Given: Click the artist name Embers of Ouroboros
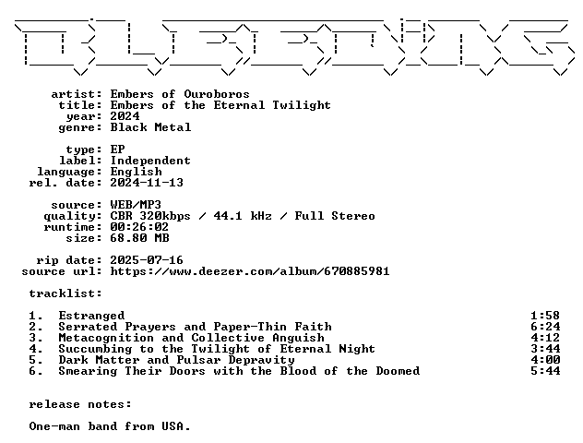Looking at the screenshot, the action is click(180, 94).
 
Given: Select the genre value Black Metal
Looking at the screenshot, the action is click(150, 127).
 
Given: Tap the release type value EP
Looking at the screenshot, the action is click(117, 150).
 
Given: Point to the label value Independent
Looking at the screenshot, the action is click(150, 161).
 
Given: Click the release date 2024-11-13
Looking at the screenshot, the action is click(147, 183).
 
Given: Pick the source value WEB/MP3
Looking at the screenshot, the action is click(136, 205).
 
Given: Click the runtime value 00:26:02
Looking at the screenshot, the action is click(139, 227).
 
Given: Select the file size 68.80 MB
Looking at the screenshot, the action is click(140, 238).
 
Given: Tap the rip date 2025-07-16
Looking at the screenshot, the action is click(147, 260).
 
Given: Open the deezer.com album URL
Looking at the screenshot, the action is click(250, 271).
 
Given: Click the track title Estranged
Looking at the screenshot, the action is click(92, 316).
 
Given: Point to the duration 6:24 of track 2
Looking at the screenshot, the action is click(545, 327).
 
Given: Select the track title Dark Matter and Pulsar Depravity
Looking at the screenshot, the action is click(176, 360).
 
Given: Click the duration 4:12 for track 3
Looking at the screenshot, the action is click(545, 338).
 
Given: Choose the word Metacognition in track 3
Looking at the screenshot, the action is click(106, 338).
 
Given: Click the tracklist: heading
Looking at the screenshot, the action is click(65, 293).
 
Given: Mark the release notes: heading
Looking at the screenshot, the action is click(80, 404).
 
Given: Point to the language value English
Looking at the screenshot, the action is click(137, 172).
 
